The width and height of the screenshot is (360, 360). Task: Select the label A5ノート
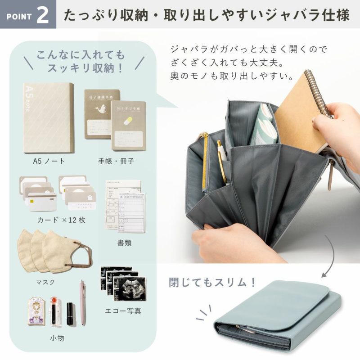(47, 161)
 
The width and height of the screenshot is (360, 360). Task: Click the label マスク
(45, 282)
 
